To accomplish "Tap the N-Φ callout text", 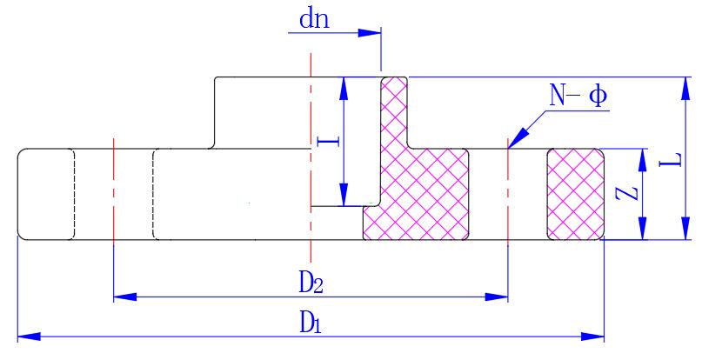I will (x=578, y=96).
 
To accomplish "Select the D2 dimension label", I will (x=311, y=282).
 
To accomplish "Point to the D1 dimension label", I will (x=311, y=322).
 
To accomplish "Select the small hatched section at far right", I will (x=574, y=194).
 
